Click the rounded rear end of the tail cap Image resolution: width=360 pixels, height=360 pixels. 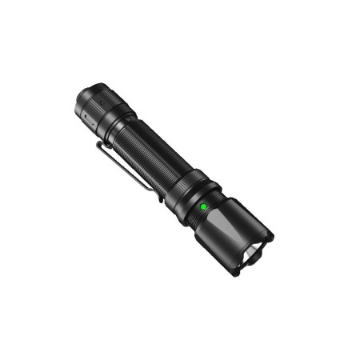click(84, 94)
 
